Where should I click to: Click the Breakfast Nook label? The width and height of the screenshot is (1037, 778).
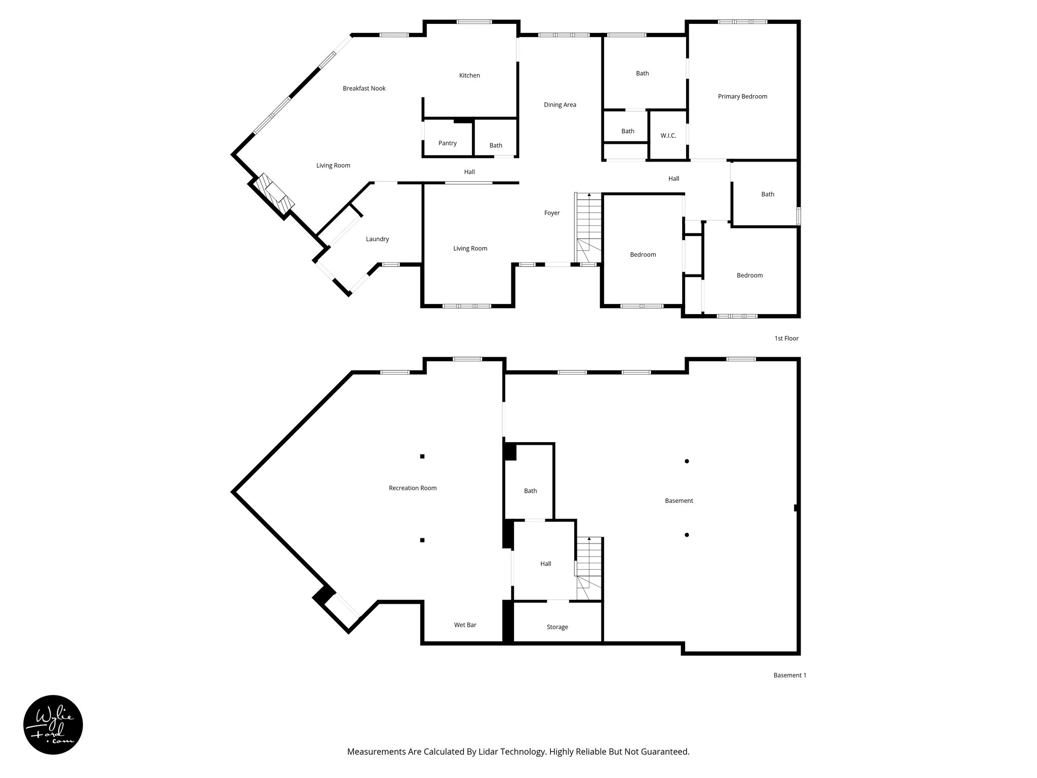pyautogui.click(x=364, y=89)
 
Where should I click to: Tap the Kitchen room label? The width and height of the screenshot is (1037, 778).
pyautogui.click(x=469, y=75)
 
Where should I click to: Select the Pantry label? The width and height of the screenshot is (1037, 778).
pyautogui.click(x=448, y=143)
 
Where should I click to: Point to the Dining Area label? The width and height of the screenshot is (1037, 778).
pyautogui.click(x=560, y=105)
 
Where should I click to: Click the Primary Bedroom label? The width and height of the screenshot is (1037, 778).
pyautogui.click(x=742, y=97)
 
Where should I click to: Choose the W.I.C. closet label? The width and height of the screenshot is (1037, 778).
pyautogui.click(x=668, y=136)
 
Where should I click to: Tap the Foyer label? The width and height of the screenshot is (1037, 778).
pyautogui.click(x=552, y=213)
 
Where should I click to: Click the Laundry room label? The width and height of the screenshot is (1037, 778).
pyautogui.click(x=377, y=239)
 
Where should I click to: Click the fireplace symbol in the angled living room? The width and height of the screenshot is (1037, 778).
pyautogui.click(x=274, y=194)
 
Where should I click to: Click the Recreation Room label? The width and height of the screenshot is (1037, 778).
pyautogui.click(x=413, y=488)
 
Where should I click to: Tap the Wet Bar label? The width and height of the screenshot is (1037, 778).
pyautogui.click(x=465, y=625)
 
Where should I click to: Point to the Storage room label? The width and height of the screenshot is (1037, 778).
pyautogui.click(x=557, y=627)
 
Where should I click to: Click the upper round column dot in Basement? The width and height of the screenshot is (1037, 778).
pyautogui.click(x=687, y=461)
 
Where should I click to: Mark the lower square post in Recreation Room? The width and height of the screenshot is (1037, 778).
pyautogui.click(x=422, y=540)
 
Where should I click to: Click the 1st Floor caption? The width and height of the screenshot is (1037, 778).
pyautogui.click(x=786, y=338)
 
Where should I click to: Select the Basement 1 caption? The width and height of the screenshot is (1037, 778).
pyautogui.click(x=789, y=675)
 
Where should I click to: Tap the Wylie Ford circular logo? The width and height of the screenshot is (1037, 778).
pyautogui.click(x=53, y=724)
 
